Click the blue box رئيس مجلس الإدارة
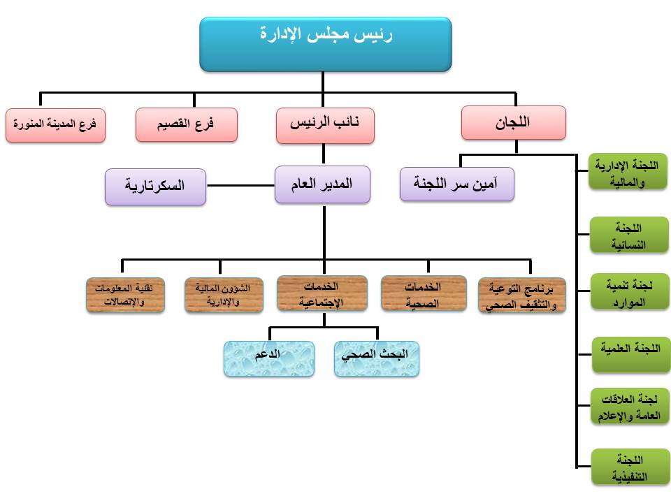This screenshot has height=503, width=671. coord(326,44)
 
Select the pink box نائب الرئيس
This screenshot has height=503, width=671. coord(325,125)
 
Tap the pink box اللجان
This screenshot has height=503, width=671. coord(514,123)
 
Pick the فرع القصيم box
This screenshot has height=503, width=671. coord(187,124)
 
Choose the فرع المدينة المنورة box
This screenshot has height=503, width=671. coord(55,125)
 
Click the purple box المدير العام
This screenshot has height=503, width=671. coord(322,184)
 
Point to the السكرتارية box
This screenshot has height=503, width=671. coord(155,187)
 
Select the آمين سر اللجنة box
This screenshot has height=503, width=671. coord(457,184)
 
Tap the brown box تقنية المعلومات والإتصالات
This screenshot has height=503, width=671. coord(125,295)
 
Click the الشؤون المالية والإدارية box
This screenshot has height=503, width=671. coord(224,295)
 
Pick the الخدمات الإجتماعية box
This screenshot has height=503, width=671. coord(322,293)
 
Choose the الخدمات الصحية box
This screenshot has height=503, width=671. coord(424,293)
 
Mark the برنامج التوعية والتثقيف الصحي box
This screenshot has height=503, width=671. coord(522,295)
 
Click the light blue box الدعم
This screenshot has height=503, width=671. coord(268,359)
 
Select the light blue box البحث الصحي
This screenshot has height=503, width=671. coord(377,359)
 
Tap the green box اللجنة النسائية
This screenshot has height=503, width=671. coord(629,235)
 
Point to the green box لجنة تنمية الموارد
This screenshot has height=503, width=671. coord(630,291)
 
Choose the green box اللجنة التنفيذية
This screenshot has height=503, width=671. coord(630,467)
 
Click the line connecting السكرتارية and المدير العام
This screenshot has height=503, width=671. coord(240,186)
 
